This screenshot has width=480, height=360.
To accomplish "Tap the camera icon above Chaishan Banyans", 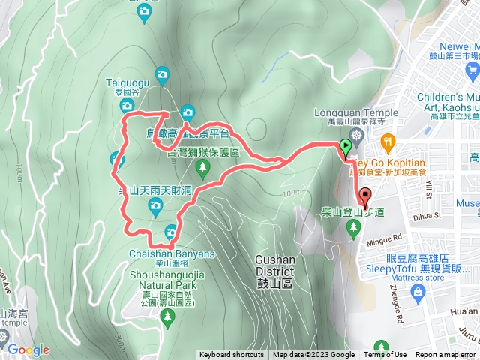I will (171, 232).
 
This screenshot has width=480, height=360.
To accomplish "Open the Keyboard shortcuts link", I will (231, 355).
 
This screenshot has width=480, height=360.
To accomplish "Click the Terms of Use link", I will (385, 355).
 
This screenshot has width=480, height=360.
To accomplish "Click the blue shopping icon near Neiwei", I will (472, 70).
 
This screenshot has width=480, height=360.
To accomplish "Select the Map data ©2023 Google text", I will (313, 355).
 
